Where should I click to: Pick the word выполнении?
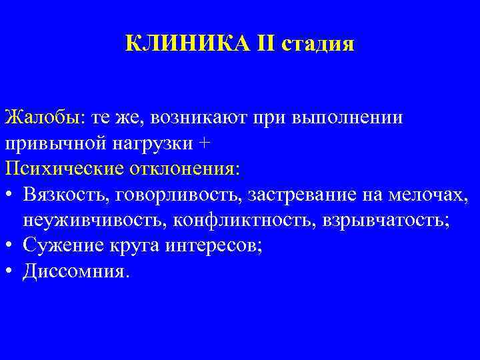(x=347, y=119)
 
